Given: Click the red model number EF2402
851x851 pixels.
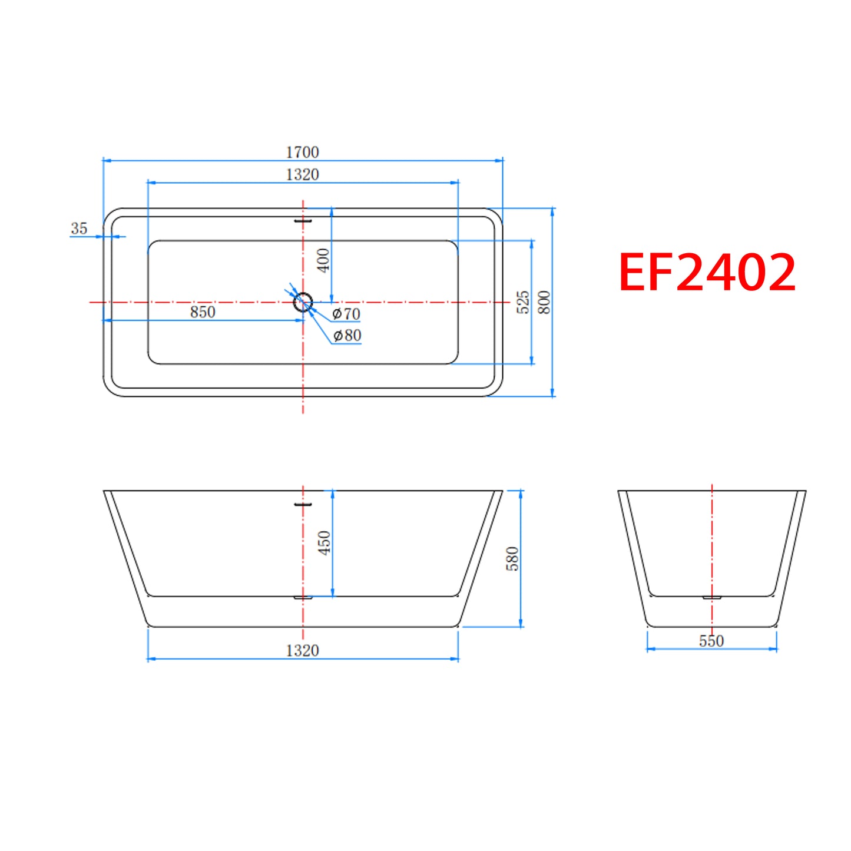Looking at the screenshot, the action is [x=707, y=272].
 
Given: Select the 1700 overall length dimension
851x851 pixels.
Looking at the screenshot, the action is [x=303, y=153].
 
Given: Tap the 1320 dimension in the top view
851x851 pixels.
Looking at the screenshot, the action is [x=303, y=175].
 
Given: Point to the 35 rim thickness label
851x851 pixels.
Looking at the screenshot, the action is [x=79, y=229].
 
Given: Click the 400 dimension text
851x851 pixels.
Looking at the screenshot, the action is [x=324, y=260].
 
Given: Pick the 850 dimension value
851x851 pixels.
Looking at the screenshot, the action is [x=203, y=312].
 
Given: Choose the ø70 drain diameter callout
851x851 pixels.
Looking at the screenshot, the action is [x=346, y=314].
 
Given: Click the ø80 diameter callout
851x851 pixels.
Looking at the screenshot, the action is [x=347, y=336].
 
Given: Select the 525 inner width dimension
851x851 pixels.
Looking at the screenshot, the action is [x=523, y=302].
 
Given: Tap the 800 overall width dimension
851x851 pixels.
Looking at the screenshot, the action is [x=545, y=303].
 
